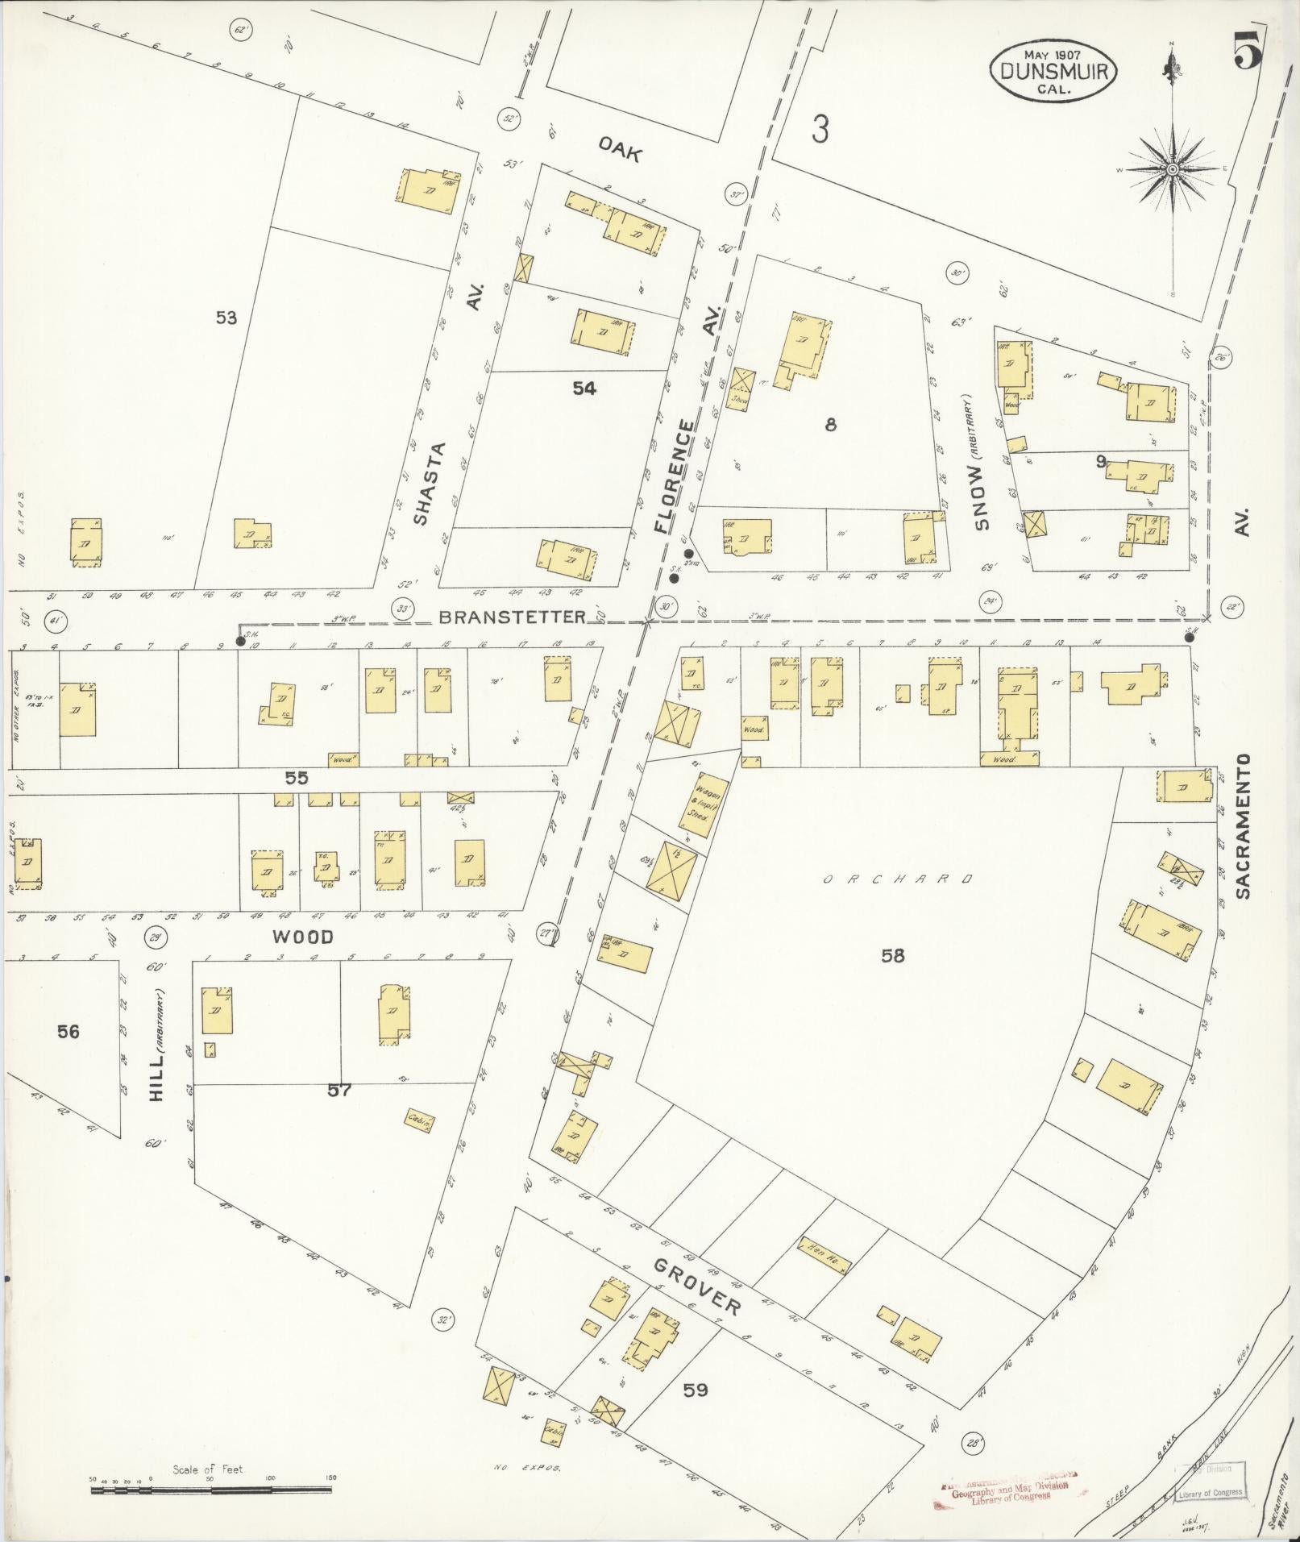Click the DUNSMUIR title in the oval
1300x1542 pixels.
coord(1053,71)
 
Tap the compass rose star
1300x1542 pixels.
coord(1172,170)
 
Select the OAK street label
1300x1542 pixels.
coord(619,149)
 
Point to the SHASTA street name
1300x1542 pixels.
coord(430,483)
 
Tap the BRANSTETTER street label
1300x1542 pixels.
coord(513,617)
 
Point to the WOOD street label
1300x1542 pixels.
coord(302,937)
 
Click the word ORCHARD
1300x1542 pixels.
coord(899,879)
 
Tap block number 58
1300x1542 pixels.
coord(892,956)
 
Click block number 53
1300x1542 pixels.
coord(226,318)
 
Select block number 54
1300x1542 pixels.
coord(584,389)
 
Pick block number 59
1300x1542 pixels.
coord(696,1390)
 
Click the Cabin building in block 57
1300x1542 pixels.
coord(419,1120)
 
